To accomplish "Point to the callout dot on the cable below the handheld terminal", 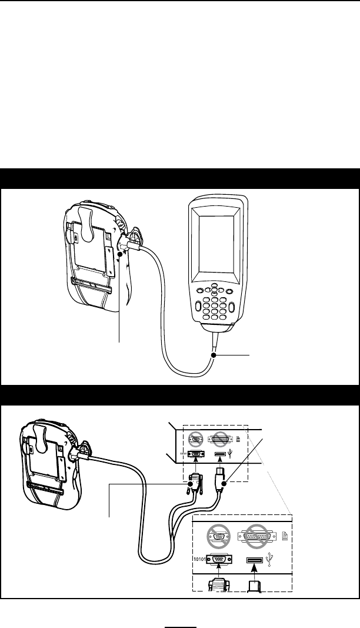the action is [x=214, y=355].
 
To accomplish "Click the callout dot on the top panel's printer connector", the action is [x=120, y=254].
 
